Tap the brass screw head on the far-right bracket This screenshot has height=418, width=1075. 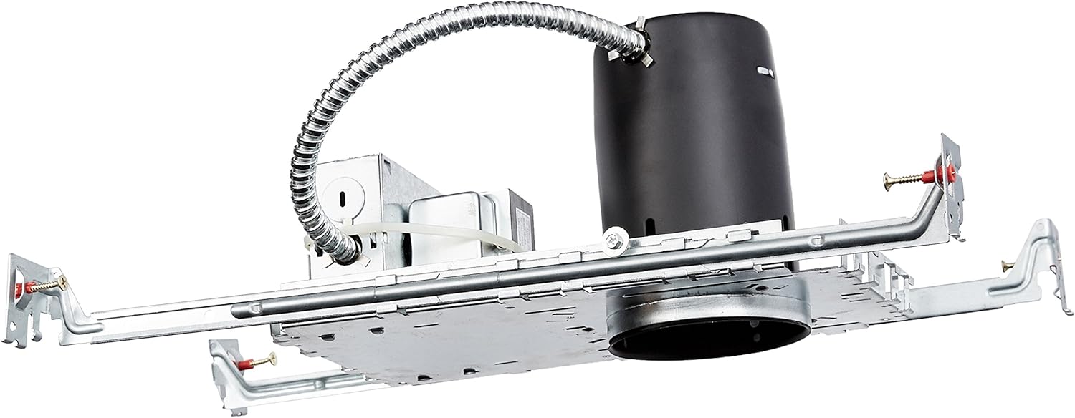tap(1007, 266)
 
